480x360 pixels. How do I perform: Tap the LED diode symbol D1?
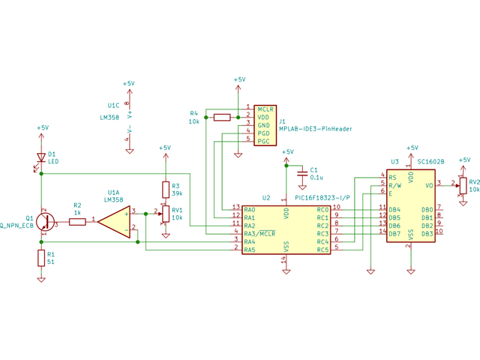pyautogui.click(x=41, y=157)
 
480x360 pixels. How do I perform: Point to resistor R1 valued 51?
pyautogui.click(x=41, y=259)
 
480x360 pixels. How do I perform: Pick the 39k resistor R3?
pyautogui.click(x=165, y=188)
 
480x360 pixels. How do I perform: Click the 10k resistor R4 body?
pyautogui.click(x=222, y=117)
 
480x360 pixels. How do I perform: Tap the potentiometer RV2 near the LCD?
pyautogui.click(x=463, y=184)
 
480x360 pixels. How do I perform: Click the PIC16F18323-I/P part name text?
pyautogui.click(x=322, y=198)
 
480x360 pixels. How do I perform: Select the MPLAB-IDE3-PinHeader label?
pyautogui.click(x=315, y=129)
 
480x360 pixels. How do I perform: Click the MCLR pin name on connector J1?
pyautogui.click(x=265, y=109)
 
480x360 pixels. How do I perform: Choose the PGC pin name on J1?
pyautogui.click(x=264, y=141)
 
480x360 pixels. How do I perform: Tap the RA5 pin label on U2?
pyautogui.click(x=250, y=250)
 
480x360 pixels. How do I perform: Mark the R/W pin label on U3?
pyautogui.click(x=396, y=184)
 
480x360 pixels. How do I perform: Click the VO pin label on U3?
pyautogui.click(x=429, y=184)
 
